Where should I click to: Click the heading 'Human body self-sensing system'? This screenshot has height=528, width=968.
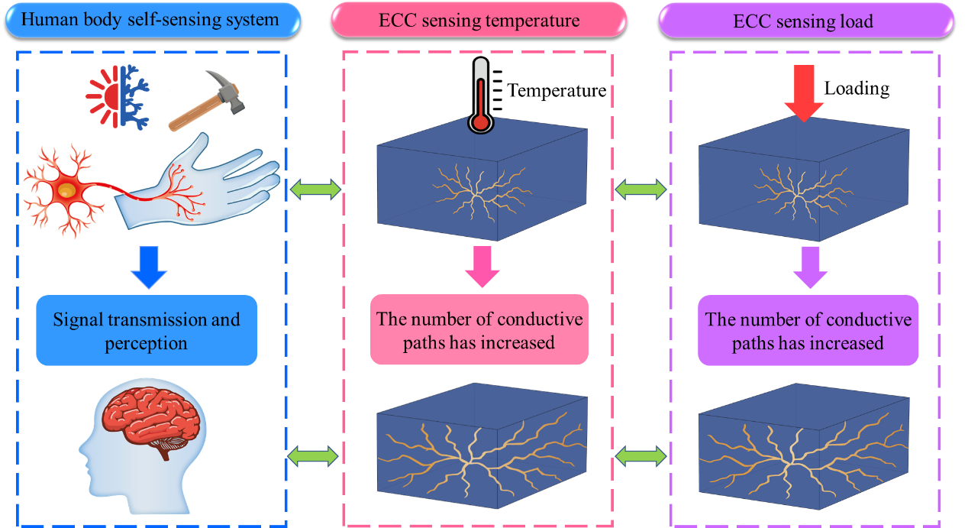(x=150, y=20)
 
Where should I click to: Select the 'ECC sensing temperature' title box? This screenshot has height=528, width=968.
(x=478, y=21)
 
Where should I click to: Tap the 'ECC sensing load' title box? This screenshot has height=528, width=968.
(x=806, y=21)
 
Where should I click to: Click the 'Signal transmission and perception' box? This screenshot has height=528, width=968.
(x=147, y=330)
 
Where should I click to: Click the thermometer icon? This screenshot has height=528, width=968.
(x=479, y=96)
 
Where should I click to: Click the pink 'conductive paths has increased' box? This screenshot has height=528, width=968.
(x=479, y=329)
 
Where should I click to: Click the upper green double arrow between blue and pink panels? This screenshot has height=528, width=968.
(x=315, y=187)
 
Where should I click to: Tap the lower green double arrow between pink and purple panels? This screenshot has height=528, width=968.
(x=641, y=456)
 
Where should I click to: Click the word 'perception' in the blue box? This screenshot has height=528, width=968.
(x=147, y=343)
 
